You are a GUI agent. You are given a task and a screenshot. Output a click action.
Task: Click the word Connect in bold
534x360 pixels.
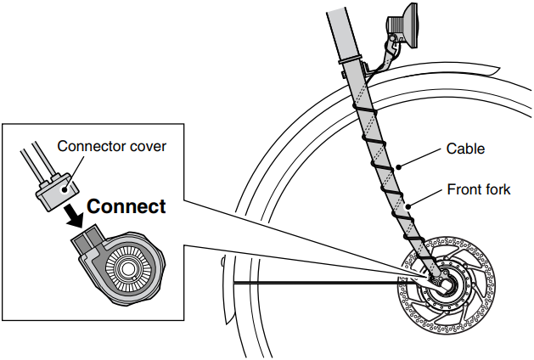(126, 205)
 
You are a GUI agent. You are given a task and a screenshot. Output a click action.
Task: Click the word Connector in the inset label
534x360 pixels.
(86, 145)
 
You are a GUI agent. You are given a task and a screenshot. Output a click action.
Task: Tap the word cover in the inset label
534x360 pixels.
(143, 145)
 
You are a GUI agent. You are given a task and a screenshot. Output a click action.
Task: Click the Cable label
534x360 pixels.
(464, 149)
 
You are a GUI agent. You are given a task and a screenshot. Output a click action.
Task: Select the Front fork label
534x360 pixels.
(479, 188)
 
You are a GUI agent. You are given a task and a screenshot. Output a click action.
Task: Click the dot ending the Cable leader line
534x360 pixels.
(398, 164)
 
